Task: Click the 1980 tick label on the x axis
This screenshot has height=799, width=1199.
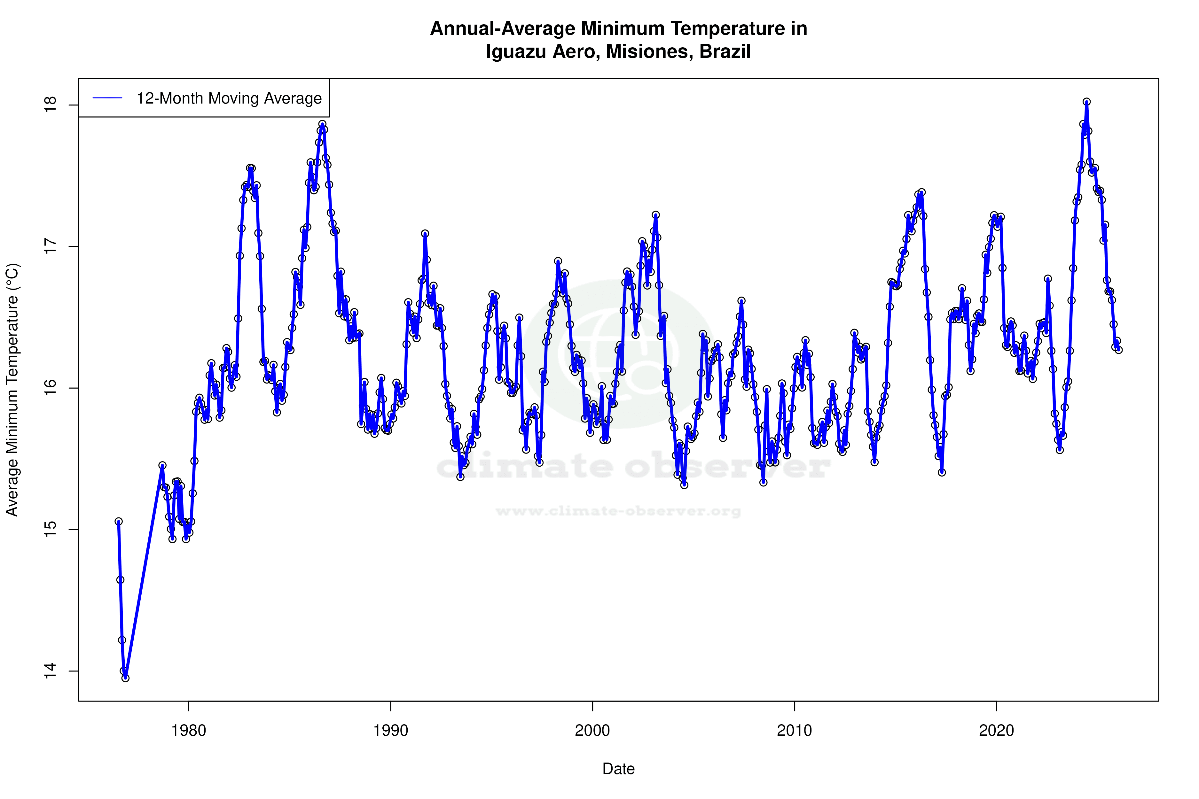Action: coord(189,731)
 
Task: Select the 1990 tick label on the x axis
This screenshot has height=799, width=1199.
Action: coord(390,731)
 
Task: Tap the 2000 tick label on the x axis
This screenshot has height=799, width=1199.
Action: coord(592,731)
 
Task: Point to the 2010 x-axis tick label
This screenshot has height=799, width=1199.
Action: coord(794,731)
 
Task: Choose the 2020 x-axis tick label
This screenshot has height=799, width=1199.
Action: coord(996,731)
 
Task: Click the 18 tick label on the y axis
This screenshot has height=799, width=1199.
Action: coord(50,105)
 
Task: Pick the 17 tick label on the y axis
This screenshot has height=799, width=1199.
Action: coord(50,247)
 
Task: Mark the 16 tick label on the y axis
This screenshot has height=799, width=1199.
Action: coord(50,388)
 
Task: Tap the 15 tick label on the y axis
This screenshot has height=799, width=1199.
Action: coord(50,530)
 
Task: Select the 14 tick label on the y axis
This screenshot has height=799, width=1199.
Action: coord(50,671)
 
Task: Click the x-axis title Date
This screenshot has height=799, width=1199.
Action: coord(618,769)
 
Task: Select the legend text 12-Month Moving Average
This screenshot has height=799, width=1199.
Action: coord(229,98)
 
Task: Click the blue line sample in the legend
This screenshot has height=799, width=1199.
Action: coord(107,98)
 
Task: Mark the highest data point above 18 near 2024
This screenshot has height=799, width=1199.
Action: coord(1087,102)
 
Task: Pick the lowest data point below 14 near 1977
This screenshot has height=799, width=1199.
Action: coord(125,678)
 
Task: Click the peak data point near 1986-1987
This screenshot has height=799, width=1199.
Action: coord(322,124)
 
